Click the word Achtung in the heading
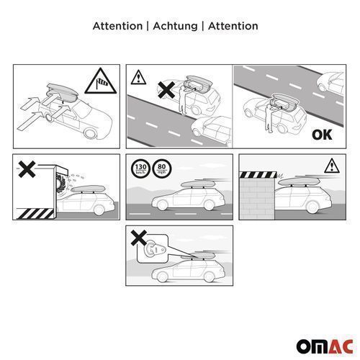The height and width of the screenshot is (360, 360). (x=175, y=26)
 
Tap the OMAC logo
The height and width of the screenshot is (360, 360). (x=325, y=346)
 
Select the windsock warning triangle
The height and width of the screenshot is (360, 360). (x=101, y=81)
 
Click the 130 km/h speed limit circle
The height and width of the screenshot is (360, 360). (x=140, y=168)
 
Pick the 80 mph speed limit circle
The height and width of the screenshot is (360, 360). (x=162, y=168)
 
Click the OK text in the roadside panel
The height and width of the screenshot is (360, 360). (x=322, y=135)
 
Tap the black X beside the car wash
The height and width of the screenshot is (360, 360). (x=27, y=169)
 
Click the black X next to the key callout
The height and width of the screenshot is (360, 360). (x=139, y=238)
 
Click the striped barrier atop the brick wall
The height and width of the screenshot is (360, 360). (x=258, y=174)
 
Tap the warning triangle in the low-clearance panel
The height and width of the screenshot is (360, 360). (x=332, y=166)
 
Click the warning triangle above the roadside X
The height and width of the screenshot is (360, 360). (x=138, y=77)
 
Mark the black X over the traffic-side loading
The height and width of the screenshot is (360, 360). (x=166, y=90)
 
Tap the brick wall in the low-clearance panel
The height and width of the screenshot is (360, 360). (x=257, y=199)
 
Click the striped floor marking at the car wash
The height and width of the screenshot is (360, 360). (x=35, y=214)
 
